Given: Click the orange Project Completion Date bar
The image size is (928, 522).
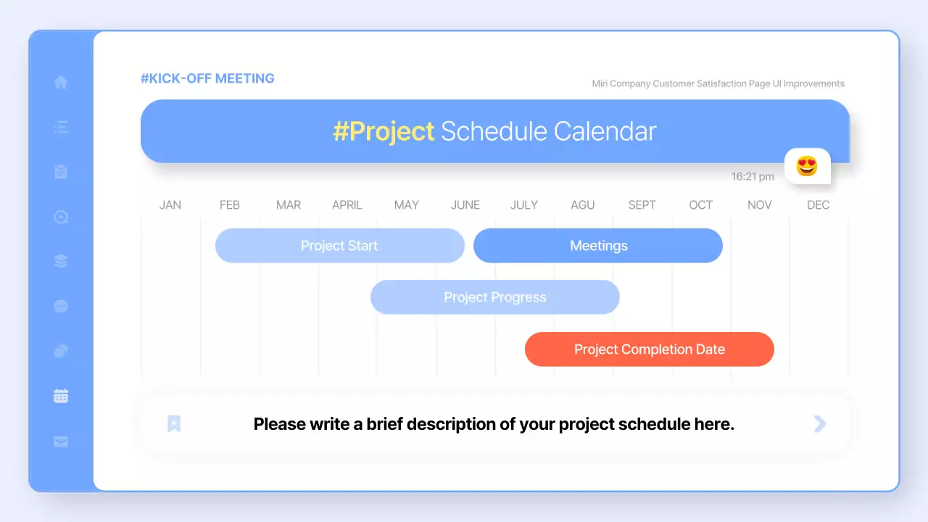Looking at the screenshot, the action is coord(649,349).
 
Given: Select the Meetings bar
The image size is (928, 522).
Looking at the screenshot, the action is coord(598,246).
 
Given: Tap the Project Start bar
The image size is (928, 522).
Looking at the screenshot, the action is coord(340,246).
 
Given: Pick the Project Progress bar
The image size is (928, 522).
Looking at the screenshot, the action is coord(495,297).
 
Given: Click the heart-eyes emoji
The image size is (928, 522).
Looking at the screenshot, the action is coord(807,166).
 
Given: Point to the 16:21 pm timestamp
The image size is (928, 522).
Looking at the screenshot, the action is coord(753,177).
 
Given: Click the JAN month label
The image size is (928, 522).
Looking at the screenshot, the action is coord(170,205).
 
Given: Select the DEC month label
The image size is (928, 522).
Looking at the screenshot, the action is coord(819,205).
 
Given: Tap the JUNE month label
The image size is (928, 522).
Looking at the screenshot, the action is coord(465,205).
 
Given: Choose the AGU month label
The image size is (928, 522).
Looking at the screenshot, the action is coord(582,205).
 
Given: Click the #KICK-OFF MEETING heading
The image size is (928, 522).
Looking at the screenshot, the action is coord(207,78).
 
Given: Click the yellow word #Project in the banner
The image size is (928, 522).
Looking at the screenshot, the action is coord(384,132).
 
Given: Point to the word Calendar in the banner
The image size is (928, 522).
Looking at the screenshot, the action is coord(605,131).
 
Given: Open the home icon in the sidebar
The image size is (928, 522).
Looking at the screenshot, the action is coord(61,82).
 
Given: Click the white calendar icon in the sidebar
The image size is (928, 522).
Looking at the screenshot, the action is coord(61,396).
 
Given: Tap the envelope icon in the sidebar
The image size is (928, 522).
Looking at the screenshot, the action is coord(61,442).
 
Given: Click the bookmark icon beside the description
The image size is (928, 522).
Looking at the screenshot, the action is coord(174,424).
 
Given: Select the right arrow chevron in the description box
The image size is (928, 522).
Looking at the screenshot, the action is coord(820,424).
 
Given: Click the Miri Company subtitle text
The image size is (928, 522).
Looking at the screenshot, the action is coord(718,83).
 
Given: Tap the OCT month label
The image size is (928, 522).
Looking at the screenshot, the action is coord(700,205).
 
